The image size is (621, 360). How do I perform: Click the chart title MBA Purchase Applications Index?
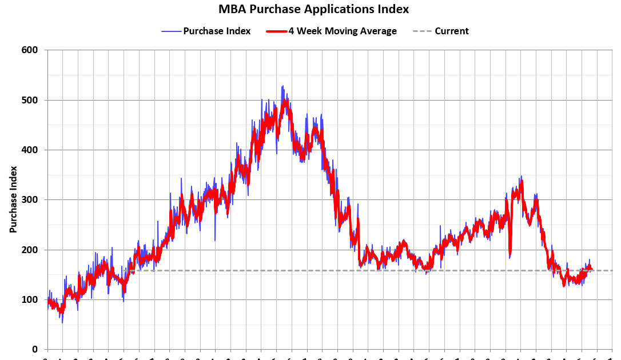point(313,9)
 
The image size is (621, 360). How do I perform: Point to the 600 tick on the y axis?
point(30,50)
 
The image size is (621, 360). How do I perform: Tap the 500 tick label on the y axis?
point(30,100)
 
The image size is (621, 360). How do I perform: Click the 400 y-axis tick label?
point(30,150)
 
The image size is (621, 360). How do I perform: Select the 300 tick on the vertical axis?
point(30,199)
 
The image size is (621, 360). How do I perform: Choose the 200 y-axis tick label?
point(30,250)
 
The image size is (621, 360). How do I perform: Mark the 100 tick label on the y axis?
point(30,299)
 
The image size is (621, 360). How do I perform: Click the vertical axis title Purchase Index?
point(13,199)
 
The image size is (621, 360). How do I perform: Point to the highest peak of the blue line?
point(282,86)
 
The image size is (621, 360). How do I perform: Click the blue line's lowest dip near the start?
point(62,323)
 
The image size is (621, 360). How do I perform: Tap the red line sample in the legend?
point(276,31)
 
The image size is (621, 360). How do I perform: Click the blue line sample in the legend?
point(171,31)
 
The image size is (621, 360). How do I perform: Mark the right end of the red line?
point(592,270)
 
